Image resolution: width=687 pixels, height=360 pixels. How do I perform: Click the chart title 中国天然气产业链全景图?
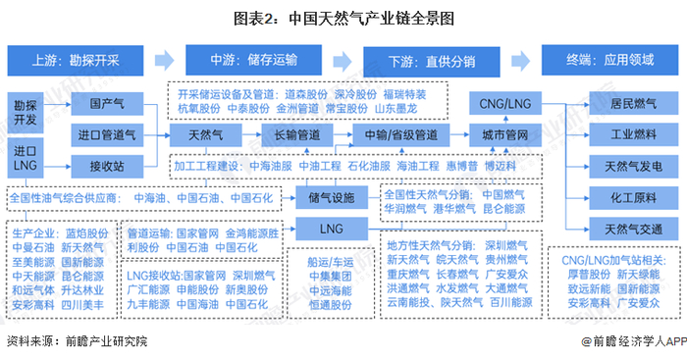point(343,17)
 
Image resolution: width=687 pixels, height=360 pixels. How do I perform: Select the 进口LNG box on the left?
point(26,157)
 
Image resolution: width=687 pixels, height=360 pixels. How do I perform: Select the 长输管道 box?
point(295,132)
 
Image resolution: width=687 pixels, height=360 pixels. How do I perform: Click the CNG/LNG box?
point(498,102)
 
